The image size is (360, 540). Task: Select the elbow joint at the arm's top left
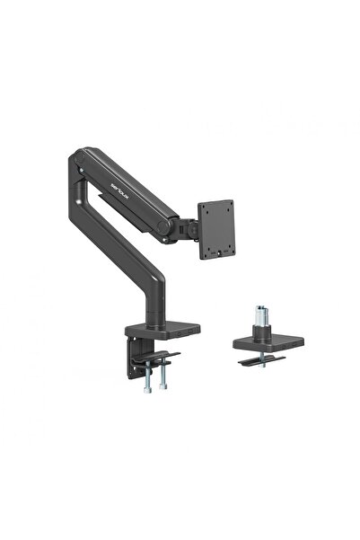[77, 166]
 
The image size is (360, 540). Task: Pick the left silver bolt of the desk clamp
[145, 375]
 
